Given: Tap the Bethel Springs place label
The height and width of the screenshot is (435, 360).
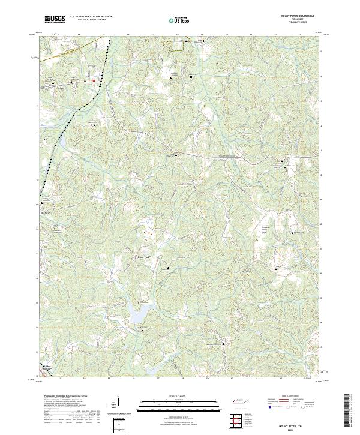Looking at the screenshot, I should tap(48, 366).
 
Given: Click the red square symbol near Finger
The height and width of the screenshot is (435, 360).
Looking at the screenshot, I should tap(94, 80).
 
